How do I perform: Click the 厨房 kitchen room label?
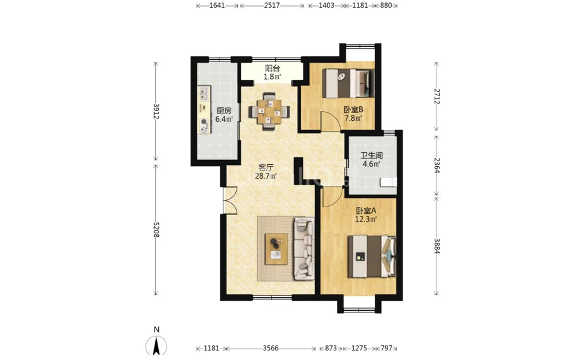pos(224,111)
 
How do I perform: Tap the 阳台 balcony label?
pos(273,68)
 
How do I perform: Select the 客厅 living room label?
pos(266,167)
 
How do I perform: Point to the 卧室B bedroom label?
pos(353,109)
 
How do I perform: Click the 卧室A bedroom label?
pos(366,211)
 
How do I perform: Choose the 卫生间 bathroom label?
pos(372,155)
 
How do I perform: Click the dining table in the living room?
pos(270,112)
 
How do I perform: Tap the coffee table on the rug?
pos(276,248)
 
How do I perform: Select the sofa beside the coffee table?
pos(304,249)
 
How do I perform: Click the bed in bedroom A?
pos(372,256)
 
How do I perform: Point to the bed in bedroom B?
pos(348,84)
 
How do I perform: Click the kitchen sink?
pos(204,94)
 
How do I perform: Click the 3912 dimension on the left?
pos(156,112)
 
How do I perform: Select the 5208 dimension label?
pos(156,230)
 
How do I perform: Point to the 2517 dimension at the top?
pos(272,5)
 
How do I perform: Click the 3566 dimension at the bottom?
pos(270,349)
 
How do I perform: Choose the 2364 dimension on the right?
pos(436,165)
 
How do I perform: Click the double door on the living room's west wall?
pos(229,200)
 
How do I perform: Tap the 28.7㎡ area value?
pos(266,176)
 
